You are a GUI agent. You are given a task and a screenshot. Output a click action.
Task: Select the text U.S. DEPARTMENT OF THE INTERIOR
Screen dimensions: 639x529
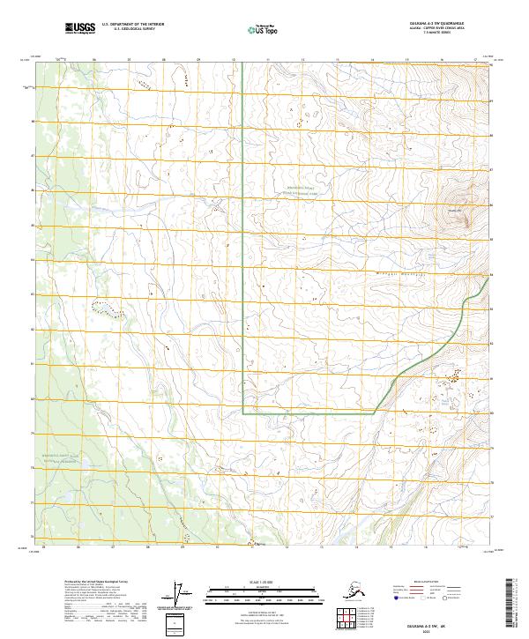[x=130, y=25]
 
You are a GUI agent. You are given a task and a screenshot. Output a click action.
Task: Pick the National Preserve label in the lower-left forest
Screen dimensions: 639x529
[x=63, y=459]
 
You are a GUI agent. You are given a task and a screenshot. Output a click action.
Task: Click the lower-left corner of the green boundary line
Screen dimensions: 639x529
[x=243, y=412]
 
